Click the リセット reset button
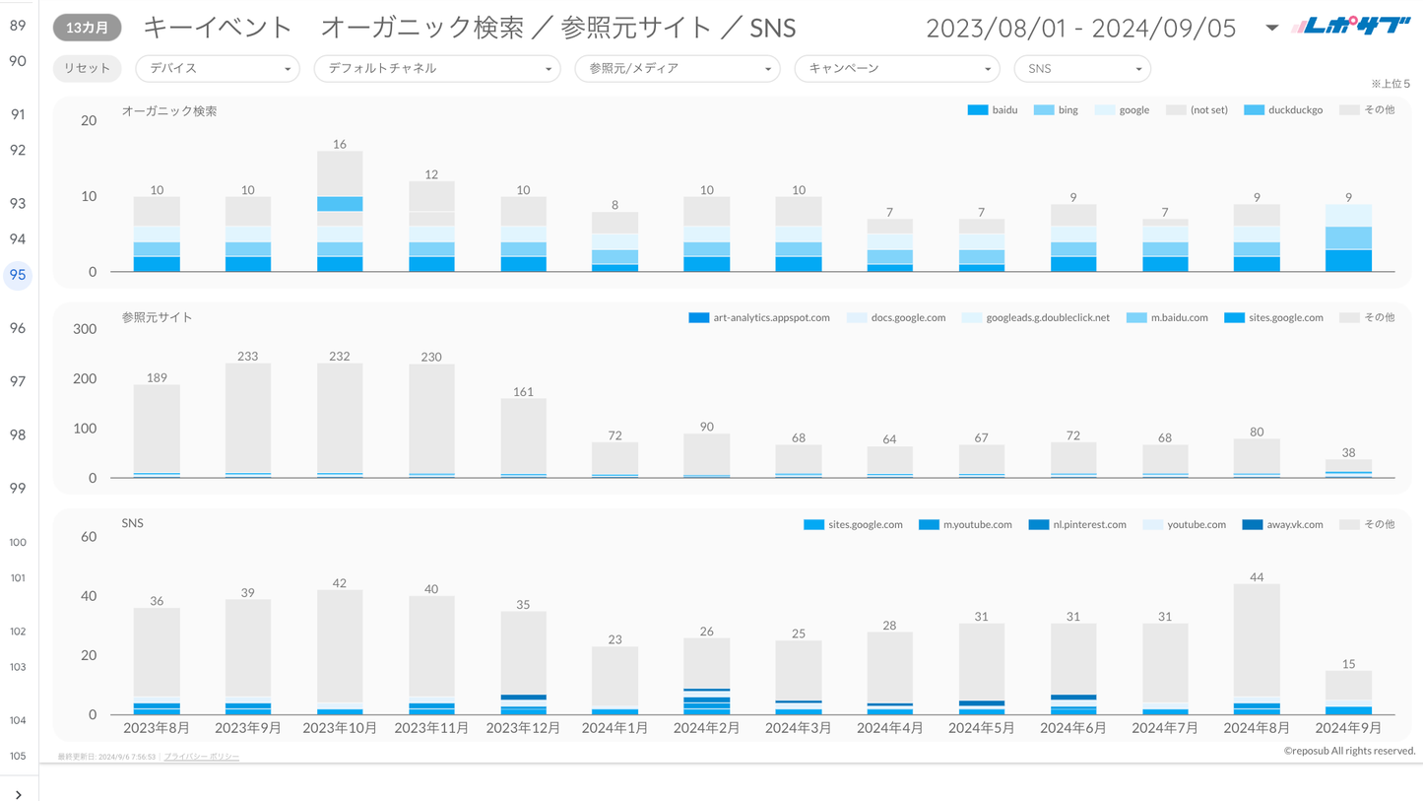point(87,69)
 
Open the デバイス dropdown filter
point(218,69)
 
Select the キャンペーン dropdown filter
point(896,69)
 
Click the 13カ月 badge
point(87,28)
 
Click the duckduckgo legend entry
point(1283,110)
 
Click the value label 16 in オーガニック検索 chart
point(340,144)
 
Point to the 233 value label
point(248,357)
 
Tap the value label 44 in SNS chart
point(1257,577)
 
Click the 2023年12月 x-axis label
point(523,728)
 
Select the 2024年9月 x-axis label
point(1348,728)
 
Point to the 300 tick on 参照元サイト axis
point(86,329)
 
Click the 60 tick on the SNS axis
point(89,537)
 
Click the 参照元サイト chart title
point(158,317)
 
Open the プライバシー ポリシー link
point(201,757)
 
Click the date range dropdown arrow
point(1271,28)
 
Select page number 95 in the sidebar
point(18,275)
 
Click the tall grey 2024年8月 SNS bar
point(1257,640)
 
